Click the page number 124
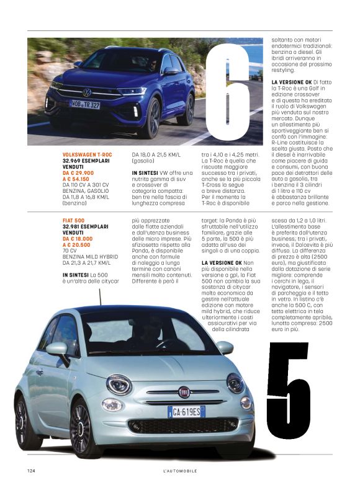pyautogui.click(x=31, y=471)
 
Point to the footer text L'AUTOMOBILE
pyautogui.click(x=179, y=471)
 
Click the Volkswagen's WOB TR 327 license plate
pyautogui.click(x=84, y=105)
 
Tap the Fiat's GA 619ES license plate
pyautogui.click(x=186, y=410)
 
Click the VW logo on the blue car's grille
pyautogui.click(x=87, y=93)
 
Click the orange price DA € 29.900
pyautogui.click(x=78, y=173)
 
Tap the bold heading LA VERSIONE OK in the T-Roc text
pyautogui.click(x=292, y=82)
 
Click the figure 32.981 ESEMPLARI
pyautogui.click(x=86, y=226)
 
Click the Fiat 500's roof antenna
pyautogui.click(x=100, y=298)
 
